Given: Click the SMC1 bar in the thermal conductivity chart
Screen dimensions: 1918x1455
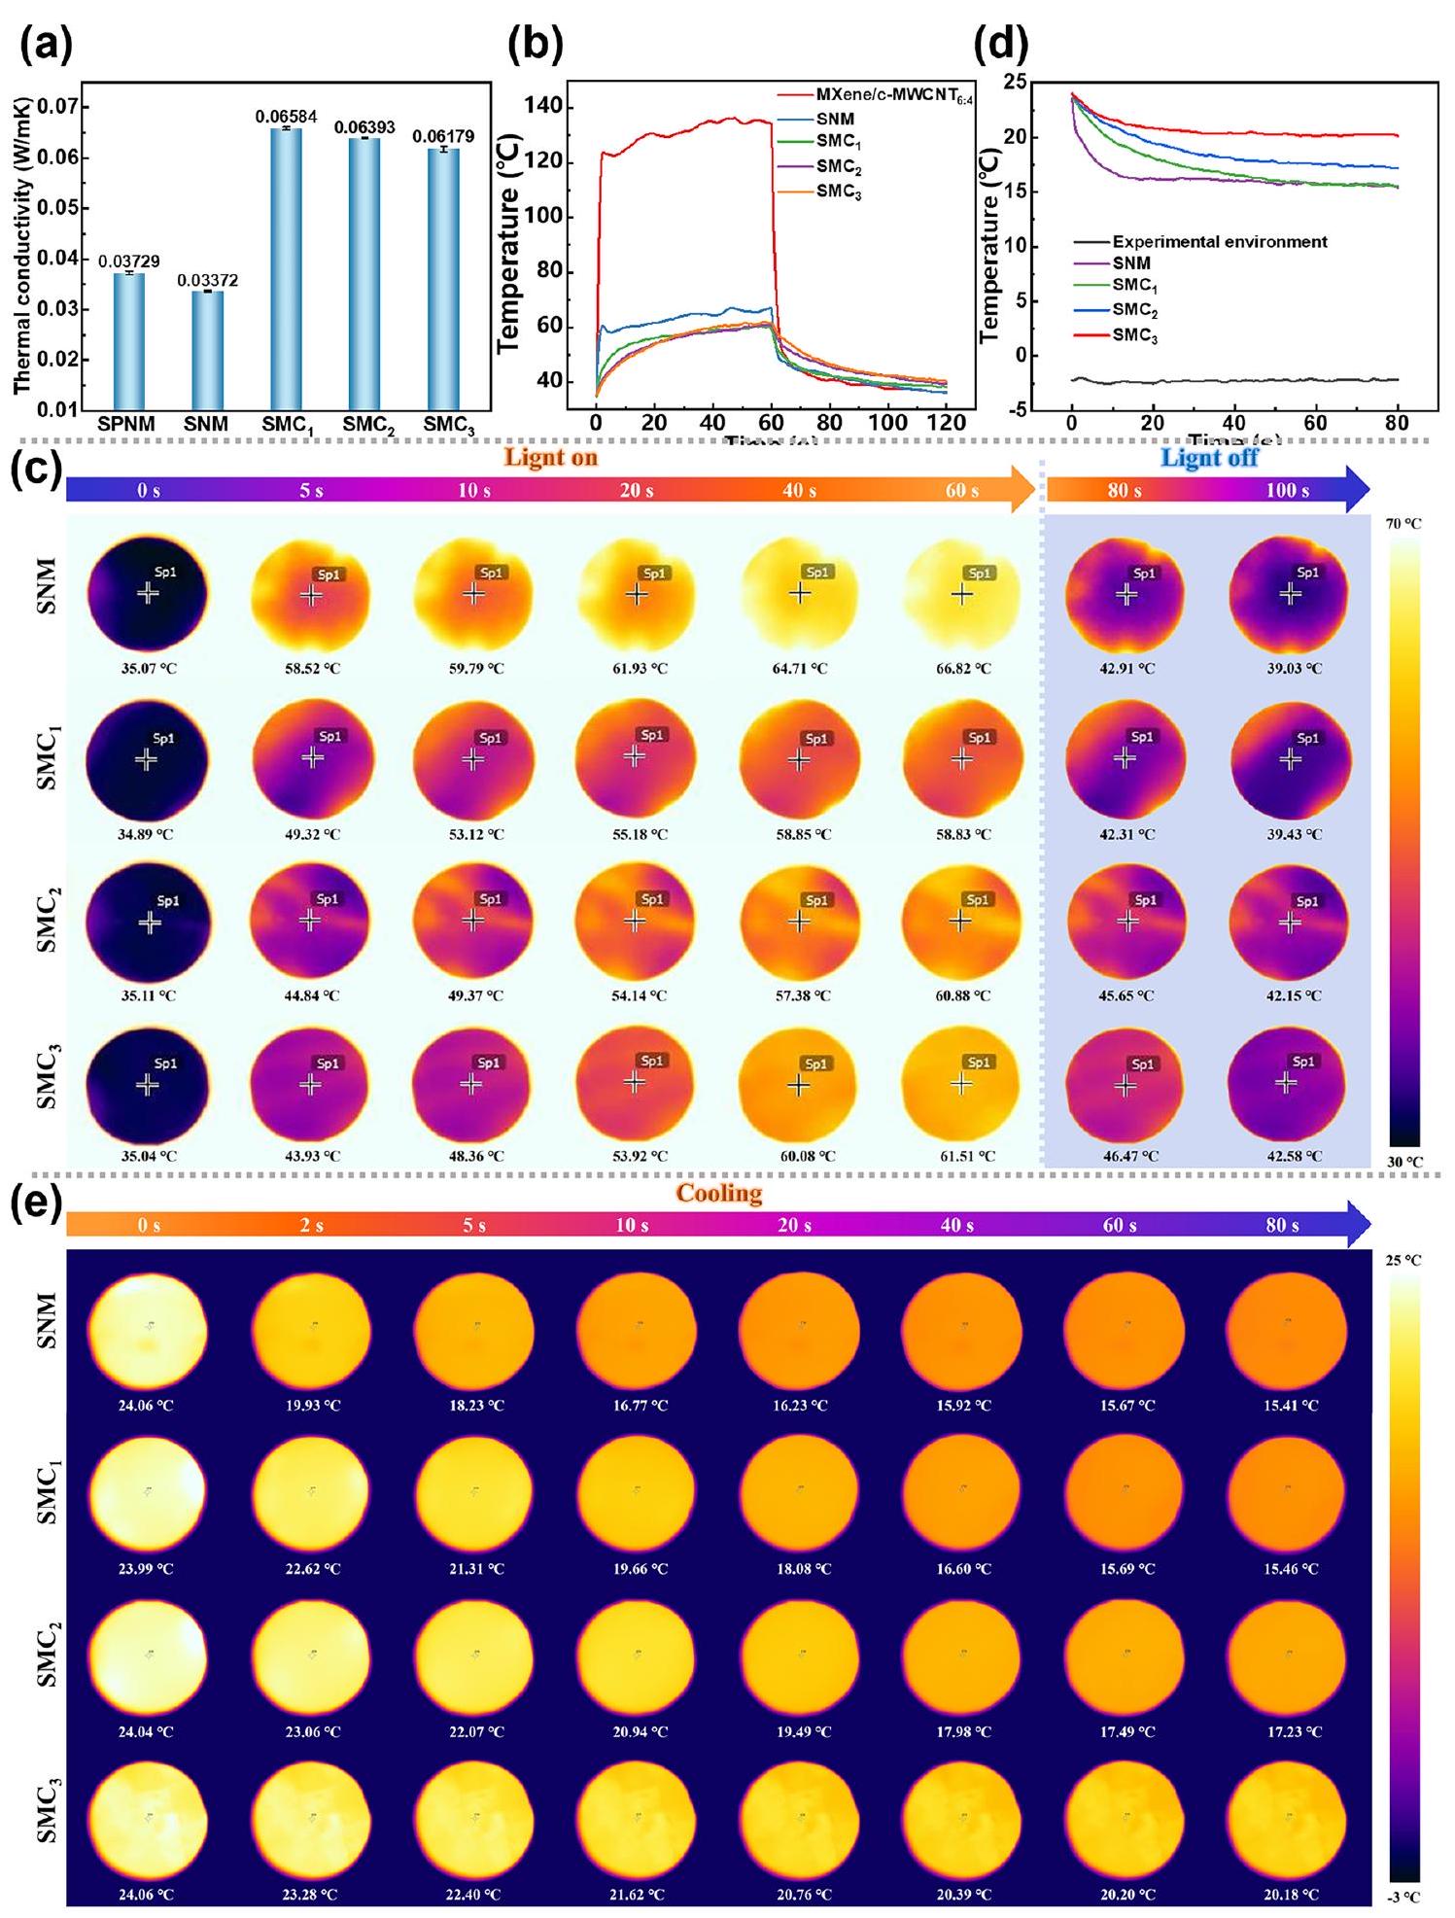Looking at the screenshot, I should [x=286, y=268].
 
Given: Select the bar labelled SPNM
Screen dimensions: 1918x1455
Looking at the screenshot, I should [x=128, y=340].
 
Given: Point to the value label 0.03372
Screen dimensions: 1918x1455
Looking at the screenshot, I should [x=206, y=281].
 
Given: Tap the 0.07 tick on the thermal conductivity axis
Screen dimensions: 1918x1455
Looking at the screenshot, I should [x=64, y=106].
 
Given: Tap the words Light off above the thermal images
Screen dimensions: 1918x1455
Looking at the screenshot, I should [x=1209, y=458].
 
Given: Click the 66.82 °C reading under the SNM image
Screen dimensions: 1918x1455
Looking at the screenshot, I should [x=963, y=669].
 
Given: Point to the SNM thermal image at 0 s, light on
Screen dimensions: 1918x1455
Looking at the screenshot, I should [x=147, y=592].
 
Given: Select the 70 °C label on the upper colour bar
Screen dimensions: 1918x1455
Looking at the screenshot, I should [x=1403, y=524].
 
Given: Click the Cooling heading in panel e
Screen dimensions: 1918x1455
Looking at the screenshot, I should [x=719, y=1194].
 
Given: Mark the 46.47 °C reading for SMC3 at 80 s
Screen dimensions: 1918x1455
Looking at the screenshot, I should [x=1126, y=1157].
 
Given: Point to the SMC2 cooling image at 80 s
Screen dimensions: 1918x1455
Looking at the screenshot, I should [x=1287, y=1653].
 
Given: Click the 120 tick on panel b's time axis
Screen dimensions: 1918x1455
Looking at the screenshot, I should [x=946, y=423].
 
